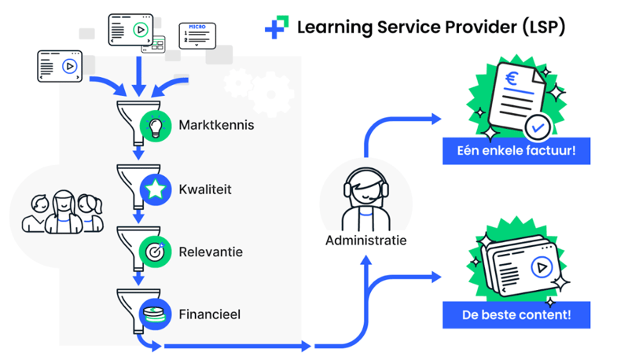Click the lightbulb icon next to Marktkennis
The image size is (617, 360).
156,125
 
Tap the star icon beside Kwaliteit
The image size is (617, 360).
156,189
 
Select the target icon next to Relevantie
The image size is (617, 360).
156,252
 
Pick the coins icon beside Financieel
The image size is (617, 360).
156,314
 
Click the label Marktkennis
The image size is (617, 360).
216,125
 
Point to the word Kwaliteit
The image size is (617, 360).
205,189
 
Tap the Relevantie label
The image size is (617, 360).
211,252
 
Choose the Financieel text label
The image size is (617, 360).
210,314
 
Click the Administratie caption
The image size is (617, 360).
366,240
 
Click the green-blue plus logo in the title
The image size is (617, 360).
276,28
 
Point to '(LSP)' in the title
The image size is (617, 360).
542,27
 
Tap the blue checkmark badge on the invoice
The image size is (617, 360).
537,125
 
